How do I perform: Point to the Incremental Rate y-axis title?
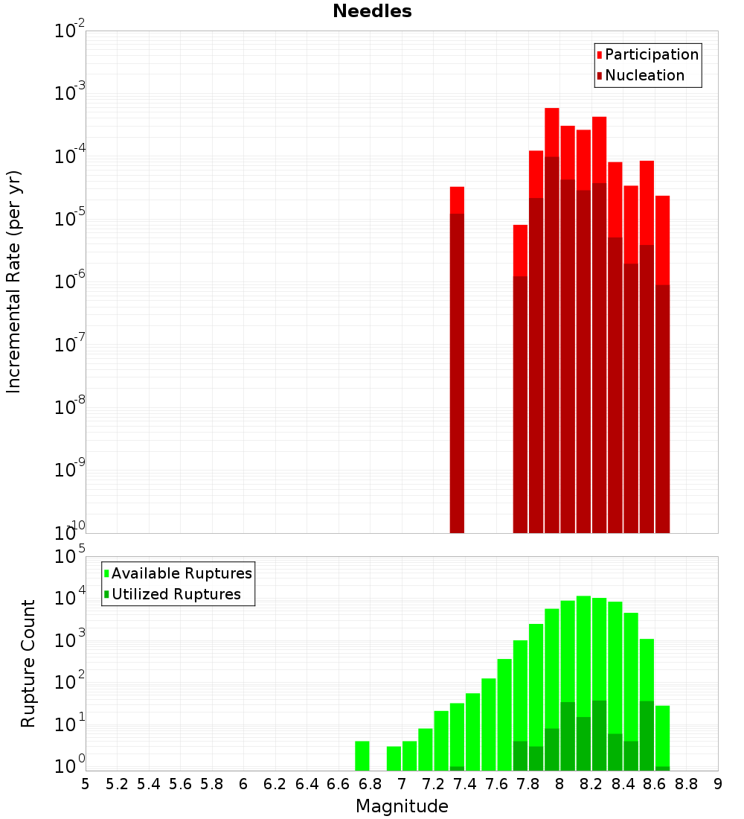14,281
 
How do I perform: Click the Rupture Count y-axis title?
28,663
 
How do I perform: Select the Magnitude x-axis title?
402,806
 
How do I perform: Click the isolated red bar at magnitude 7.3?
457,357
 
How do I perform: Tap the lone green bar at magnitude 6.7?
362,756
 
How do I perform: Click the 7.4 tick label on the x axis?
307,784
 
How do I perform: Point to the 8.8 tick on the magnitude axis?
686,784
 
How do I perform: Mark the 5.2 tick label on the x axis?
117,784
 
